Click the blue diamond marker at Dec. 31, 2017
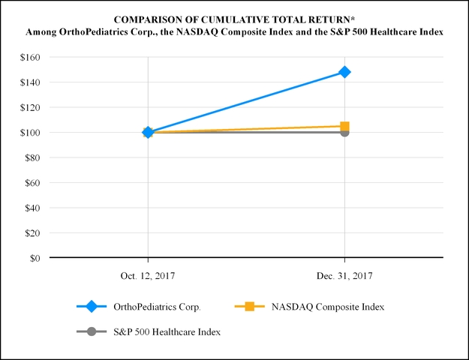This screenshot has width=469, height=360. click(344, 72)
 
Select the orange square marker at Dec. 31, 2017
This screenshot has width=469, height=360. click(344, 126)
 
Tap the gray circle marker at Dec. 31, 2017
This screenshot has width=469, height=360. click(344, 132)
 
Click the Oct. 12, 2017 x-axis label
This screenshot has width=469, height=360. click(148, 276)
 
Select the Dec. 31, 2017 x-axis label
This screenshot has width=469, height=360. click(344, 276)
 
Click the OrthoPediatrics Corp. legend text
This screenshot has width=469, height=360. click(157, 306)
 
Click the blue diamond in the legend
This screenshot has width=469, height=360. click(92, 306)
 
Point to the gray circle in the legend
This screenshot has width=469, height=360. click(92, 331)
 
